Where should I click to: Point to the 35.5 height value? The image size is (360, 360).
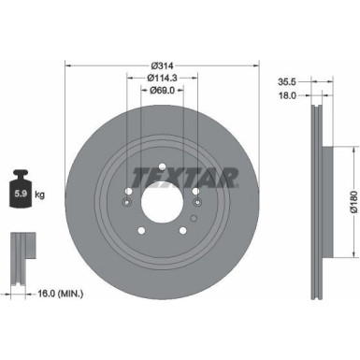point(289,81)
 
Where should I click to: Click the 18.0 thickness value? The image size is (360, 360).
point(289,94)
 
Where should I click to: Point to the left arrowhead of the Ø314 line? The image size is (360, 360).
point(66,65)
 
